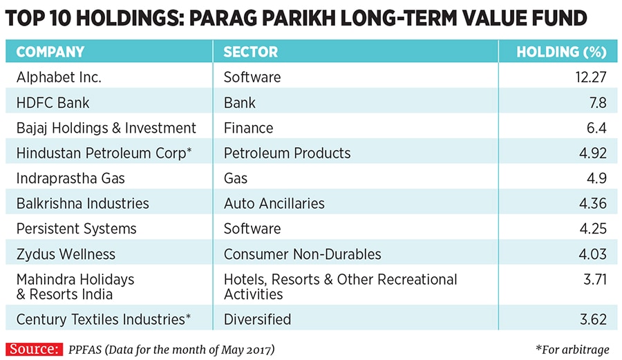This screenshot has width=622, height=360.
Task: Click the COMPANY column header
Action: pyautogui.click(x=50, y=52)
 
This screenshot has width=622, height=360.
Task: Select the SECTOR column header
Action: pyautogui.click(x=250, y=52)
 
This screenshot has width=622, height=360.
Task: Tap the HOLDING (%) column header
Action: pyautogui.click(x=561, y=52)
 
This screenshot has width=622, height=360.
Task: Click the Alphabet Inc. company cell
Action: pyautogui.click(x=59, y=77)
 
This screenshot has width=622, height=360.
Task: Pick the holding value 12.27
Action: pyautogui.click(x=589, y=77)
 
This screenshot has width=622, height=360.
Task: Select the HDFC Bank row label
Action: pyautogui.click(x=53, y=103)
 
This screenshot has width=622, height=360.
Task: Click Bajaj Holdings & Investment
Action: pyautogui.click(x=106, y=128)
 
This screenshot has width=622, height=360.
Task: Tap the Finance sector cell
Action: pyautogui.click(x=248, y=128)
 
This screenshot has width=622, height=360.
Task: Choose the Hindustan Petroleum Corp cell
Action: pyautogui.click(x=104, y=153)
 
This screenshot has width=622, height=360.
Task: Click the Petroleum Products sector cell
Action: pyautogui.click(x=287, y=153)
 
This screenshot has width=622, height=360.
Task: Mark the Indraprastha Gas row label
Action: pyautogui.click(x=70, y=178)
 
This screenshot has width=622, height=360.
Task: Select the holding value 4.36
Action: pyautogui.click(x=592, y=204)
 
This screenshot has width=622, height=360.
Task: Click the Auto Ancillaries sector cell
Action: pyautogui.click(x=274, y=204)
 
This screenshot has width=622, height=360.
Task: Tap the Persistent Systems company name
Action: pyautogui.click(x=77, y=229)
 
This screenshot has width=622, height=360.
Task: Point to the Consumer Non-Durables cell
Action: pyautogui.click(x=302, y=254)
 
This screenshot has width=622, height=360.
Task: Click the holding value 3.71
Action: pyautogui.click(x=592, y=280)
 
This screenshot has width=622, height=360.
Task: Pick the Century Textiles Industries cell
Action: pyautogui.click(x=103, y=319)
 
